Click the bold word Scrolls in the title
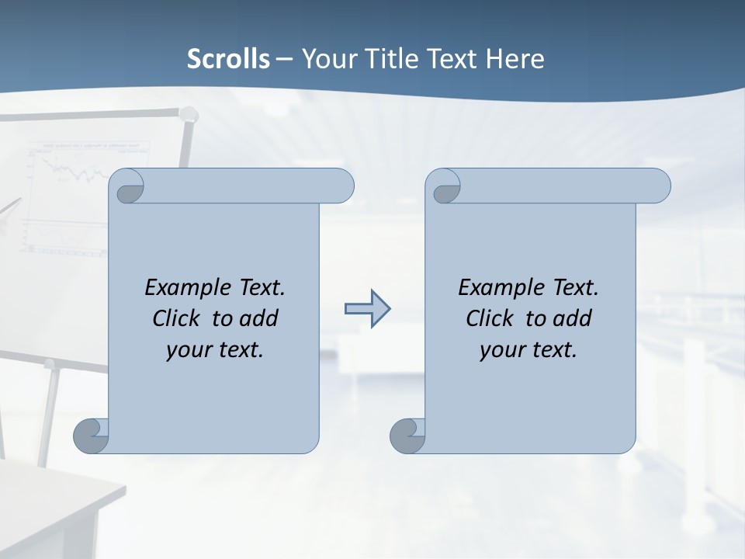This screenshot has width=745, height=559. pos(229,59)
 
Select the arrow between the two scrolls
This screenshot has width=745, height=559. pos(367,309)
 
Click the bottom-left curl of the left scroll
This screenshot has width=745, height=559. pos(90,436)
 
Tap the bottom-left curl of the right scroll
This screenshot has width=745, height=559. pos(407,436)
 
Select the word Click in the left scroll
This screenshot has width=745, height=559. pos(175,318)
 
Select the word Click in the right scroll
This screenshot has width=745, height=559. pos(489,318)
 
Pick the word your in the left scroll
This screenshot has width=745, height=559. pos(186,350)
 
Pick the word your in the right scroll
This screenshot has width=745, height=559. pos(500,350)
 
